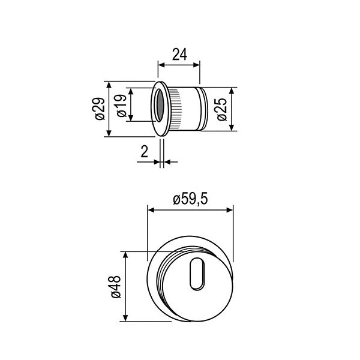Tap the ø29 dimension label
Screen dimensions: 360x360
coord(100,108)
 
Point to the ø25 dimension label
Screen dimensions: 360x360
coord(221,109)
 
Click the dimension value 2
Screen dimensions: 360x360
coord(144,152)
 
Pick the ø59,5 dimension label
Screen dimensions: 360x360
coord(190,199)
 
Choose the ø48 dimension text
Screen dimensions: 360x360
coord(116,287)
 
